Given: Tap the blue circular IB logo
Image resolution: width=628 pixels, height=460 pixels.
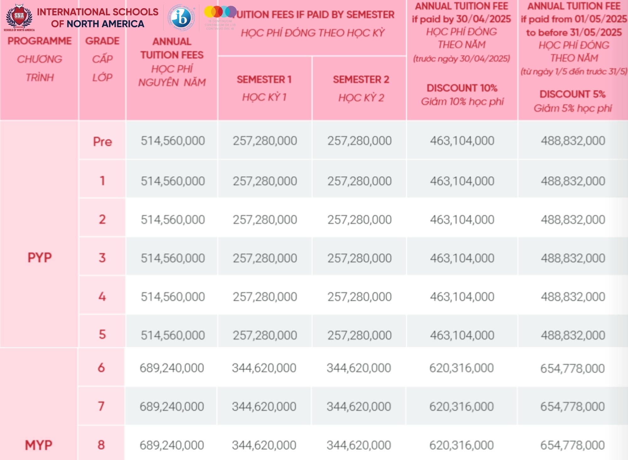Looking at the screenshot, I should pos(181,18).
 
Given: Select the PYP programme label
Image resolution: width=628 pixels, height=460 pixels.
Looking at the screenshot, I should pos(40,258).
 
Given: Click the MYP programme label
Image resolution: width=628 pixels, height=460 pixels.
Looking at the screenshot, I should pos(39,445).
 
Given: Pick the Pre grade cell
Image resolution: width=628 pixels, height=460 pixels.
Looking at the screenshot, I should pos(102,142).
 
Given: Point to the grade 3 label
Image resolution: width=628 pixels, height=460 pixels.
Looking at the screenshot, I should pos(102,258).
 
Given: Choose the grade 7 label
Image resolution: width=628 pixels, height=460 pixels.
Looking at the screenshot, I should pos(101,406).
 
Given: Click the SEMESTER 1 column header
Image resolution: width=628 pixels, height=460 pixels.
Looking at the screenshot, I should pos(264,79).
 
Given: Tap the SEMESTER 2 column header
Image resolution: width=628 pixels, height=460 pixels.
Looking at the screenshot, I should pos(361,79).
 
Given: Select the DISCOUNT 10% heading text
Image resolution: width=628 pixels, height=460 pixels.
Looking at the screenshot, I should pos(462,88).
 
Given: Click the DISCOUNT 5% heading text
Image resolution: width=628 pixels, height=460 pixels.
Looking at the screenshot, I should pos(572,94).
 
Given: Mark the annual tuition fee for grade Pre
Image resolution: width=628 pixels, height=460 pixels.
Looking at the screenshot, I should pos(173,141).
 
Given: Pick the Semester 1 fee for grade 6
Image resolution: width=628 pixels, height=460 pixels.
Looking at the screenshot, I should pos(264,368).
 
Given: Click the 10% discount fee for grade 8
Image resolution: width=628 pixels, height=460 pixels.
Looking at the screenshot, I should pos(462,445).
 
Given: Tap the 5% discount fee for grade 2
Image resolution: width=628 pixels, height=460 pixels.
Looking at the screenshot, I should pos(573,220).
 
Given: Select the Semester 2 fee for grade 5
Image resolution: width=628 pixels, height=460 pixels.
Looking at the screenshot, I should pos(360,335).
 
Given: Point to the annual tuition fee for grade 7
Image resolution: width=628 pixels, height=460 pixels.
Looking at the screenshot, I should pos(172,407).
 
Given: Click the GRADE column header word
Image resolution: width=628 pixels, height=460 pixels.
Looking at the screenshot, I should pos(102,41).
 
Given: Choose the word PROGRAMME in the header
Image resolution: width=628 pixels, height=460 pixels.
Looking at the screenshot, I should pos(40,41).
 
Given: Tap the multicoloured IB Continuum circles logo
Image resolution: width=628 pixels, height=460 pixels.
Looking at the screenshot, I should pos(220,12).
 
